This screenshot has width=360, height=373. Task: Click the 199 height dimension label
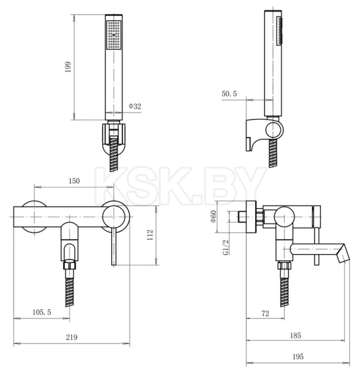(x=68, y=67)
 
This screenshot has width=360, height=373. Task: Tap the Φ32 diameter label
(x=135, y=106)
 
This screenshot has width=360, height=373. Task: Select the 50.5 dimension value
(x=230, y=93)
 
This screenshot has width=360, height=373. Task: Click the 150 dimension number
(x=74, y=181)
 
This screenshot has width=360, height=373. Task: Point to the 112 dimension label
(x=150, y=235)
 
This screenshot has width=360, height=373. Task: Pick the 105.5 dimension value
(x=42, y=312)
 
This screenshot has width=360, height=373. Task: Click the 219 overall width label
(x=71, y=337)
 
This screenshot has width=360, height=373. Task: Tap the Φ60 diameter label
(x=213, y=216)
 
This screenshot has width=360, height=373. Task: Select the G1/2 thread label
(x=226, y=248)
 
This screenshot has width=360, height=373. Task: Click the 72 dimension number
(x=265, y=313)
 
